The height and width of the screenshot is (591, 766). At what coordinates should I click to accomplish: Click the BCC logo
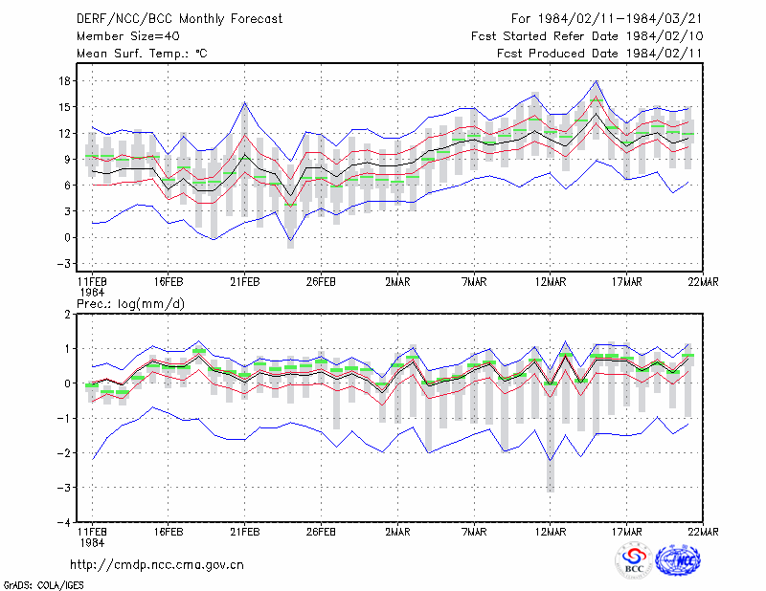[x=634, y=561]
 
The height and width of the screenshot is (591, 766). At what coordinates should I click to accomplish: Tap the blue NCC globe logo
[x=678, y=560]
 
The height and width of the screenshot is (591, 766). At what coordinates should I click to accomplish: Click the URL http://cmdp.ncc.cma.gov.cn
[x=157, y=565]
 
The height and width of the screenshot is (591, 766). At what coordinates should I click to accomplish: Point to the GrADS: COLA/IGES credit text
[x=43, y=585]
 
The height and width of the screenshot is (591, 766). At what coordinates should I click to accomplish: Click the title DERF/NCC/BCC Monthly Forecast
[x=179, y=19]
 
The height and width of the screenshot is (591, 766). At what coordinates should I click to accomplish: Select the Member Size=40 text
[x=128, y=36]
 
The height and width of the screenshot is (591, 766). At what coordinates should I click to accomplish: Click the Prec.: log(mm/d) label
[x=130, y=304]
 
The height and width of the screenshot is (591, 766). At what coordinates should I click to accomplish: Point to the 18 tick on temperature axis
[x=64, y=81]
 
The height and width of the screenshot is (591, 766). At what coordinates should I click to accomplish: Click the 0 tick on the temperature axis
[x=67, y=238]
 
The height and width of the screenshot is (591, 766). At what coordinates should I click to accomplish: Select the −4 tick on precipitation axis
[x=64, y=522]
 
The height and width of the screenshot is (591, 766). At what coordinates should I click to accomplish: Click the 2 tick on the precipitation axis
[x=67, y=315]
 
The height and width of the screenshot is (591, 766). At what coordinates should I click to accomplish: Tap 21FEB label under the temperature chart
[x=245, y=282]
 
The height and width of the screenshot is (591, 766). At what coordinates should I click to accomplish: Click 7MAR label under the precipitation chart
[x=474, y=532]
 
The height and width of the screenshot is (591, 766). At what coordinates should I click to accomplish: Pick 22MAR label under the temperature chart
[x=703, y=282]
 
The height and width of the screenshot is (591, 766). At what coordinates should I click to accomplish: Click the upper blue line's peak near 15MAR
[x=596, y=81]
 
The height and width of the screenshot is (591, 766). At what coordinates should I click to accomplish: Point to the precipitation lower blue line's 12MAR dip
[x=551, y=460]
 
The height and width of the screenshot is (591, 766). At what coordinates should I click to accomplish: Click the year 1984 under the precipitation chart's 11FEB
[x=92, y=542]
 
